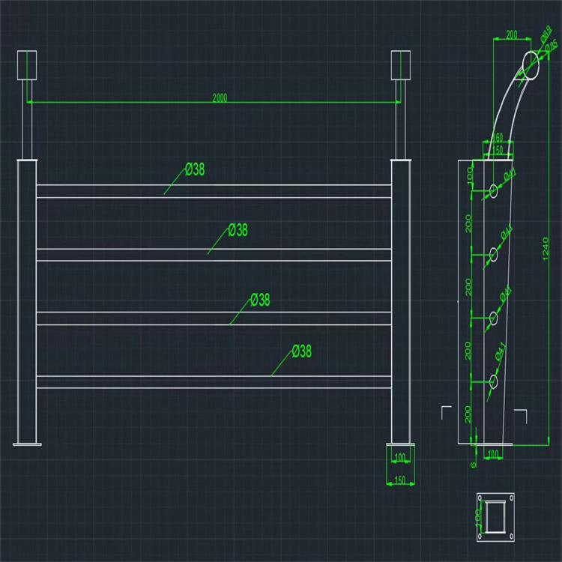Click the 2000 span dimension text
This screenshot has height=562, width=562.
(x=220, y=97)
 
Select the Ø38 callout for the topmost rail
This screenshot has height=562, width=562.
(x=194, y=169)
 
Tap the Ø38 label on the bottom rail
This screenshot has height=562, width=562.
(x=302, y=351)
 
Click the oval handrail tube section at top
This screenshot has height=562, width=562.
(x=530, y=64)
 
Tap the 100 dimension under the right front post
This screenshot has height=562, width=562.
(x=399, y=456)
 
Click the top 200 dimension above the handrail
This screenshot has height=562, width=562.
(x=512, y=35)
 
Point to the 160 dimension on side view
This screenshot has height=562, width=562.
(x=496, y=138)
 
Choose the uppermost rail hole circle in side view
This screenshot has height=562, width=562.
(x=493, y=190)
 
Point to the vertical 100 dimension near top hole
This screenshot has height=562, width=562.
(x=469, y=177)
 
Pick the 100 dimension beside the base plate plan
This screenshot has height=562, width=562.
(x=478, y=516)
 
